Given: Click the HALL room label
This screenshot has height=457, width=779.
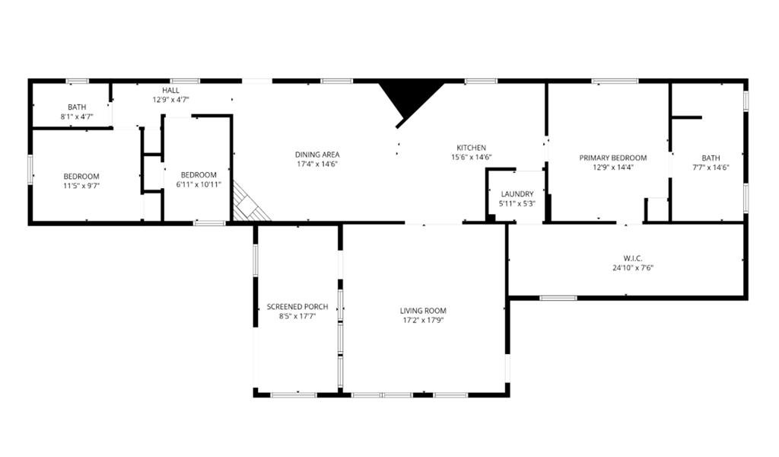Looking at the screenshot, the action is (170, 91).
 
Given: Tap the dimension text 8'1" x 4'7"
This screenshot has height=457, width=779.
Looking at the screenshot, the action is (77, 117).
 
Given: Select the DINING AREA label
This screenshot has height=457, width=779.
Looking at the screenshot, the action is (317, 155).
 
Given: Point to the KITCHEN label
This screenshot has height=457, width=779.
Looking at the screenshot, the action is (471, 148).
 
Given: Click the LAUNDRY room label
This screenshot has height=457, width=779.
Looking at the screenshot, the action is (517, 194).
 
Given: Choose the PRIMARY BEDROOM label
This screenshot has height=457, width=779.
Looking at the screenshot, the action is (613, 158).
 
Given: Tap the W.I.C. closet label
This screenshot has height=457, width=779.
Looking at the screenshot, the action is (633, 258).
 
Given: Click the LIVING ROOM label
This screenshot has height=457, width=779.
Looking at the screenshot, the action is (423, 311).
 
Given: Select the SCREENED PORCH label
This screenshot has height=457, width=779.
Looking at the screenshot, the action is (297, 306).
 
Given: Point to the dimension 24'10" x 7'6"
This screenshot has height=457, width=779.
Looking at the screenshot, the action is (633, 268).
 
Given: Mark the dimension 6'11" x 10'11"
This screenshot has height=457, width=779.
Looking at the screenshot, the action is (199, 184).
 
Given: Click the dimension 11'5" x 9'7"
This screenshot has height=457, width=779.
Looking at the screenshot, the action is (81, 186).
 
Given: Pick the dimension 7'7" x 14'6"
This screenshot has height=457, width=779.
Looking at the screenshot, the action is (711, 168).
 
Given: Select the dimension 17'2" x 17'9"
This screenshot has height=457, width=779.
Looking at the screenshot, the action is (423, 320).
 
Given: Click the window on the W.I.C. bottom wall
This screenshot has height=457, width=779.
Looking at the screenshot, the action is (558, 298).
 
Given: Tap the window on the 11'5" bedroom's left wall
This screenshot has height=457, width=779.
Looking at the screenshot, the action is (30, 170).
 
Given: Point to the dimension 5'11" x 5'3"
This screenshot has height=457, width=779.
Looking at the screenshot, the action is (517, 203).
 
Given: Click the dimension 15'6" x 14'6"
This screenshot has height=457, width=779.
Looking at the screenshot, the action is (471, 157).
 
